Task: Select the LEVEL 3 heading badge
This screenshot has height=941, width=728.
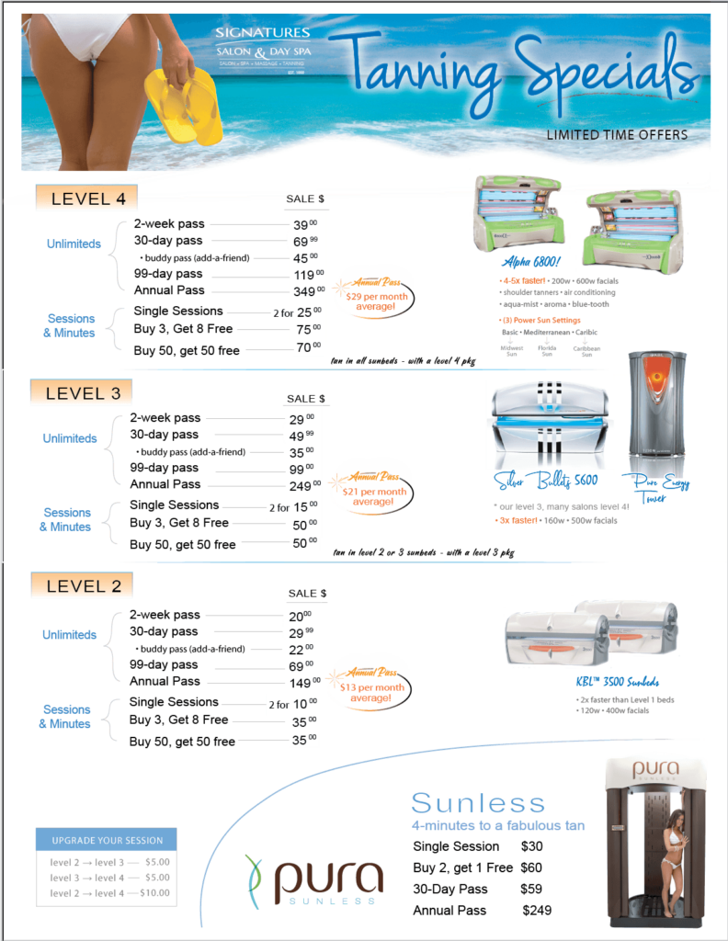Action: click(82, 393)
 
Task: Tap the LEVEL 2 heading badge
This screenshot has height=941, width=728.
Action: click(82, 585)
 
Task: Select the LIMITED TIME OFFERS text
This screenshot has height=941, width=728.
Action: click(617, 134)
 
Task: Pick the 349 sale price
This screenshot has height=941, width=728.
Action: click(304, 292)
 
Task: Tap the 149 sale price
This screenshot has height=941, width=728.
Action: click(304, 683)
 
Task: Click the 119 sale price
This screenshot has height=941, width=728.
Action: click(304, 274)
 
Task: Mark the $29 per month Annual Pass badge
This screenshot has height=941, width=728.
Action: click(371, 292)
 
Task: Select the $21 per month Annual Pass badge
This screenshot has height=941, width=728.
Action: click(371, 486)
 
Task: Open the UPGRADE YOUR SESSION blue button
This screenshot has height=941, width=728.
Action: click(106, 840)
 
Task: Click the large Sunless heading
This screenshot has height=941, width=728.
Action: click(477, 802)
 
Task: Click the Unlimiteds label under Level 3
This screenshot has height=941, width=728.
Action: click(70, 438)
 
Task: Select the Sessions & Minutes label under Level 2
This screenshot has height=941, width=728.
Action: click(66, 716)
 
